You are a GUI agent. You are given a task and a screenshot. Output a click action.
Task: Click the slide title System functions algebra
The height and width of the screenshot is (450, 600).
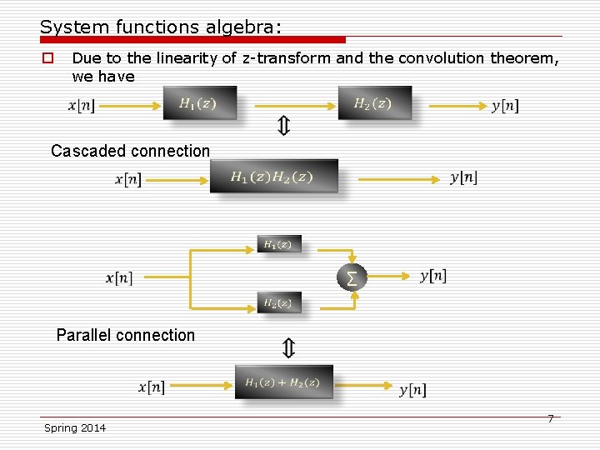[161, 27]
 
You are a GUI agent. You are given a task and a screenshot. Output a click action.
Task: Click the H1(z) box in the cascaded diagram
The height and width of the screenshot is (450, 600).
[199, 103]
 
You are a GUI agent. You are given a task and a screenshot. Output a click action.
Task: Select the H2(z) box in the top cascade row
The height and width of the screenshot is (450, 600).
[373, 103]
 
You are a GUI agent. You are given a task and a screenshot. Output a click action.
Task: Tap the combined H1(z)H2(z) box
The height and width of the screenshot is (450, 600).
[273, 176]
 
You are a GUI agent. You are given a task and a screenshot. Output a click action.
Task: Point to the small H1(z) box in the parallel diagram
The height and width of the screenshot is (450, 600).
[278, 244]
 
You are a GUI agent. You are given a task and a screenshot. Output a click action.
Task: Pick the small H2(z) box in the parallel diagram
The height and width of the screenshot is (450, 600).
[278, 303]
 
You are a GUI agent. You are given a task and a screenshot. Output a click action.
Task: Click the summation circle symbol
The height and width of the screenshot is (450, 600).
[352, 276]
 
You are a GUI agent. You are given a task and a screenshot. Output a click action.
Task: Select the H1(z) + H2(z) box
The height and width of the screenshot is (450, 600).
[283, 382]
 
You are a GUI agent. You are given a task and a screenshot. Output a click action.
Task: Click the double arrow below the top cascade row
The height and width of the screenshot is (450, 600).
[283, 127]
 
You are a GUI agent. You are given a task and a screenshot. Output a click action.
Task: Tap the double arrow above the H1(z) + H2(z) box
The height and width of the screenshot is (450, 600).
[288, 347]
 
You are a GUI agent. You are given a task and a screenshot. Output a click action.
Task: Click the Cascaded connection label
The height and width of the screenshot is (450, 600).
[130, 151]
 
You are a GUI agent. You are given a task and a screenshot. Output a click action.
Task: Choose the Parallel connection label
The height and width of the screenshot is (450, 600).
[125, 335]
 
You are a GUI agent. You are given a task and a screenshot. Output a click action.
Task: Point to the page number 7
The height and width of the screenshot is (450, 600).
[550, 418]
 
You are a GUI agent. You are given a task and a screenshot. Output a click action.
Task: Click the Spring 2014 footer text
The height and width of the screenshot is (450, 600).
[75, 427]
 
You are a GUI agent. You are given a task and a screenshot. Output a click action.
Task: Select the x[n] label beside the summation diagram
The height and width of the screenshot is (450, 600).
[119, 277]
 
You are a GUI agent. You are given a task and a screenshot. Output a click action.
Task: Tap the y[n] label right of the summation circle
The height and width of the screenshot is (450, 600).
[433, 276]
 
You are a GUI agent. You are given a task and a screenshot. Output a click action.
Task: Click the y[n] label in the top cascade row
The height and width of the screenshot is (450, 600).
[505, 105]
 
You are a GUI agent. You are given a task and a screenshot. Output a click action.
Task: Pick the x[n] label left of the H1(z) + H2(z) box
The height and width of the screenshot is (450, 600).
[152, 387]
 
